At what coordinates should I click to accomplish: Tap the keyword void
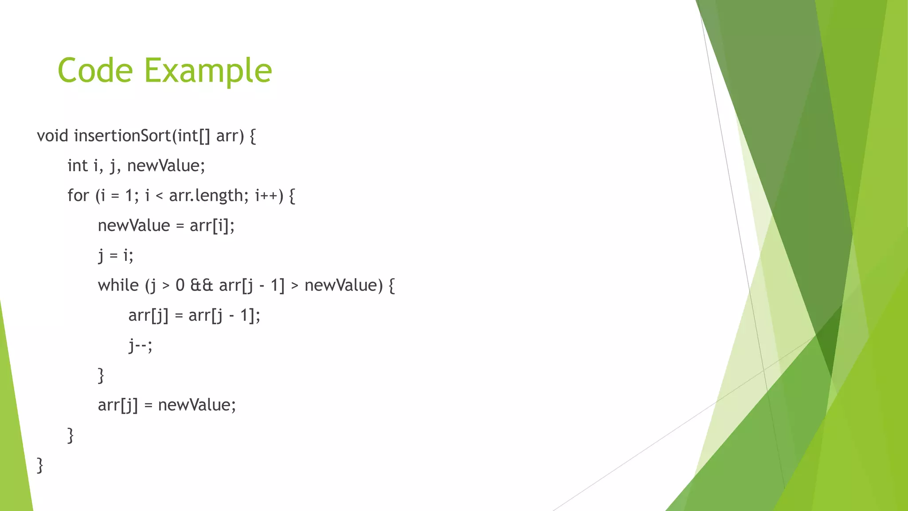(x=52, y=136)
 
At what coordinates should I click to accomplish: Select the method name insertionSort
(x=122, y=136)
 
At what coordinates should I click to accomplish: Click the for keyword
(x=78, y=196)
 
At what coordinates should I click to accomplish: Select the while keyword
(x=118, y=285)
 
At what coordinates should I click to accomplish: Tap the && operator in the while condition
(x=201, y=285)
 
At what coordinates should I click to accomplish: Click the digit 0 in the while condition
(x=180, y=285)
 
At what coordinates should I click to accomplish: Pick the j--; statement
(x=140, y=346)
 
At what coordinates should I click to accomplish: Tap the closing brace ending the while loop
(x=101, y=375)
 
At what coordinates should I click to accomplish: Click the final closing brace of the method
(x=40, y=465)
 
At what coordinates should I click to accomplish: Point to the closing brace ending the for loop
(x=70, y=435)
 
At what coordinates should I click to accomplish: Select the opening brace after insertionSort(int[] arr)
(x=253, y=136)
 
